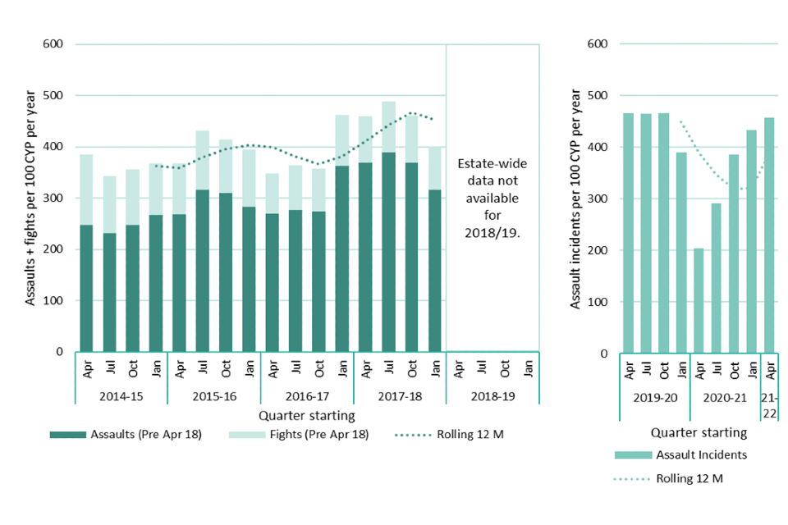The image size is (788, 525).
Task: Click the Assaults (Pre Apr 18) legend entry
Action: tap(123, 434)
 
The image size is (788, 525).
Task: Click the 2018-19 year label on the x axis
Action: tap(492, 395)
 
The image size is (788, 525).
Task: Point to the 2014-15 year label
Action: tap(121, 395)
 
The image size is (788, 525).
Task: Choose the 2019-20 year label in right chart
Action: tap(655, 396)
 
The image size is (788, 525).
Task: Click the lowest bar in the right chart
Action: tap(699, 300)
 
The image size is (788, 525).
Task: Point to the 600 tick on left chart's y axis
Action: tap(53, 44)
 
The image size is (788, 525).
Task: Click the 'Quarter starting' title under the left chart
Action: tap(306, 416)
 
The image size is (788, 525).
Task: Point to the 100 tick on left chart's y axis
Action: tap(53, 300)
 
